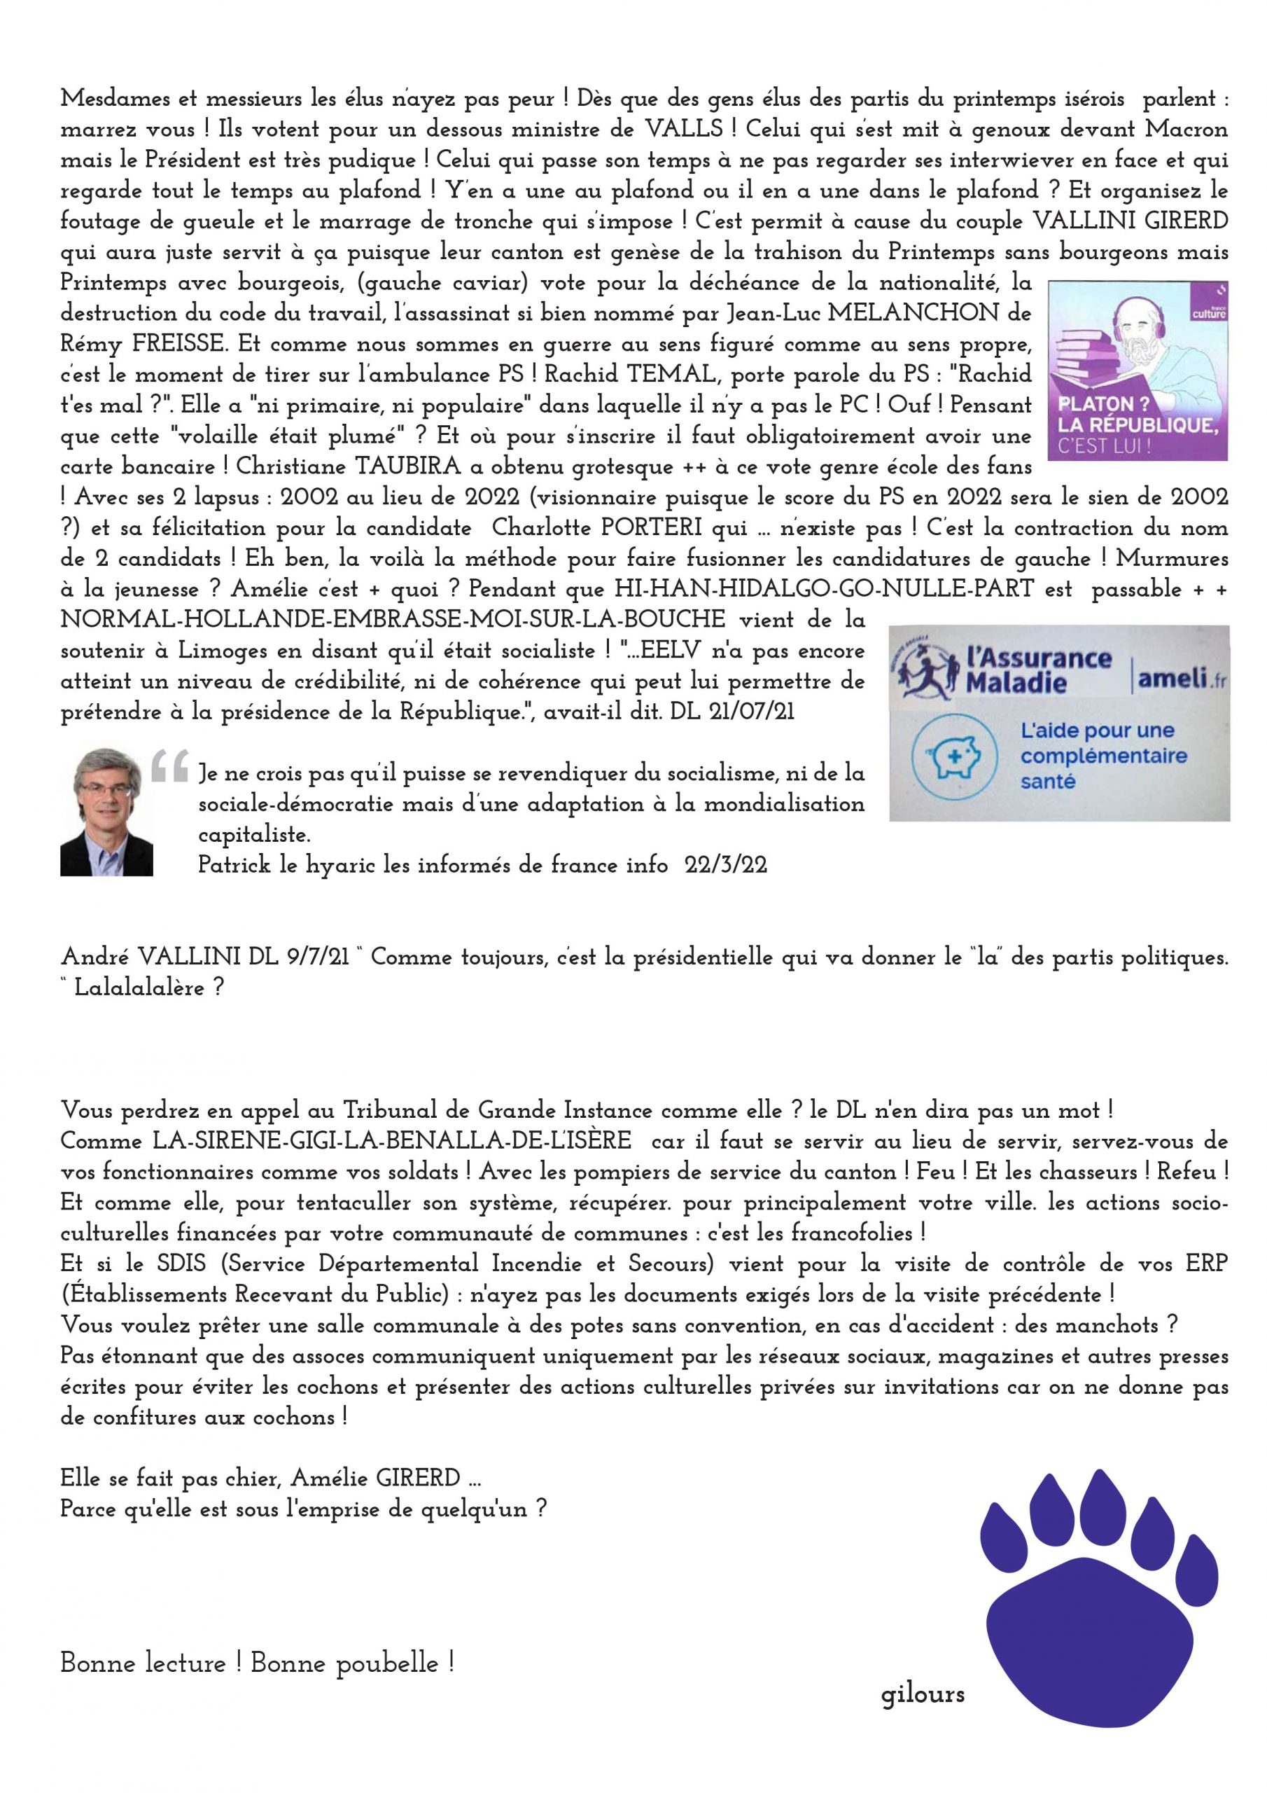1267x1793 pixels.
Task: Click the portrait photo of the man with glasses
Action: point(106,813)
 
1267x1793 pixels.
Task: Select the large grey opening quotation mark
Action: point(171,768)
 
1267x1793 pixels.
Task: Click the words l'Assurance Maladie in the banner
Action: point(1037,670)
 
